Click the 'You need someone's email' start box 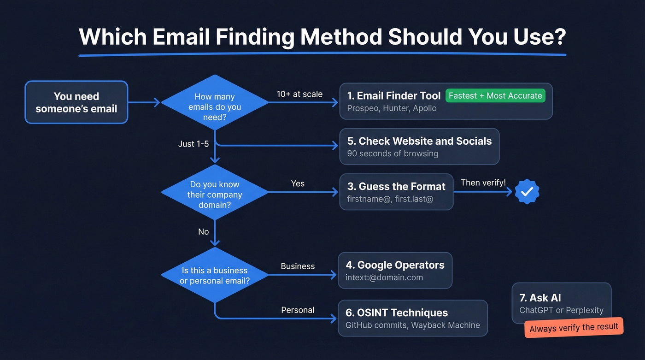click(x=76, y=102)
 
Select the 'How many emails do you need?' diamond click(x=215, y=102)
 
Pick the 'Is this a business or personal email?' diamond click(x=215, y=275)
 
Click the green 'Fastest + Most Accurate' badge click(x=495, y=96)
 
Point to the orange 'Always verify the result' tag click(x=574, y=327)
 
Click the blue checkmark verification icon click(x=527, y=192)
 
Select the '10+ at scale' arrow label click(x=299, y=94)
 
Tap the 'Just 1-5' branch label click(x=193, y=144)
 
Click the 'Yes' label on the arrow click(x=298, y=183)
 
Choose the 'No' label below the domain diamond click(x=203, y=232)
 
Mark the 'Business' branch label click(x=298, y=266)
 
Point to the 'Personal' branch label click(x=298, y=310)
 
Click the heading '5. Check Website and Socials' click(x=419, y=141)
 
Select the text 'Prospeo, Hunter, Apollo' click(x=392, y=109)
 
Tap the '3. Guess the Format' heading click(x=396, y=187)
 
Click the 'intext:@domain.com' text click(x=384, y=277)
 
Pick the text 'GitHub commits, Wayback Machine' click(x=412, y=325)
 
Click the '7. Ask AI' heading click(x=540, y=298)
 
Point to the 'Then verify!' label click(x=483, y=183)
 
